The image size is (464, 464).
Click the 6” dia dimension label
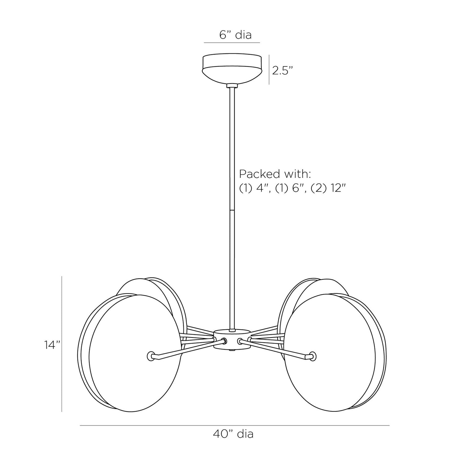click(x=235, y=35)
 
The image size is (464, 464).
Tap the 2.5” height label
click(x=283, y=70)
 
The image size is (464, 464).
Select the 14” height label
click(x=52, y=345)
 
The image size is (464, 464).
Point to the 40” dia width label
click(x=233, y=434)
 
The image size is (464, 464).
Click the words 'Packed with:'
click(x=275, y=174)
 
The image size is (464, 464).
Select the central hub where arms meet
click(x=232, y=339)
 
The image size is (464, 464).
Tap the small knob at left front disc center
click(x=151, y=356)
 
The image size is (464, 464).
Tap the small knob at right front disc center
click(x=312, y=356)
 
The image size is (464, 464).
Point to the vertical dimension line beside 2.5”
click(x=269, y=70)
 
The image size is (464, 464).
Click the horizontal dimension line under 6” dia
click(x=232, y=42)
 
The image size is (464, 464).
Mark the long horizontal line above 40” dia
click(x=234, y=425)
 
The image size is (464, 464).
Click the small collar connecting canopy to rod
click(x=232, y=86)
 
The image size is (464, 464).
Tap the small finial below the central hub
click(x=232, y=351)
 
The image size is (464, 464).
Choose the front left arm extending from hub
click(x=186, y=349)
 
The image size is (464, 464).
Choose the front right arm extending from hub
click(x=276, y=349)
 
